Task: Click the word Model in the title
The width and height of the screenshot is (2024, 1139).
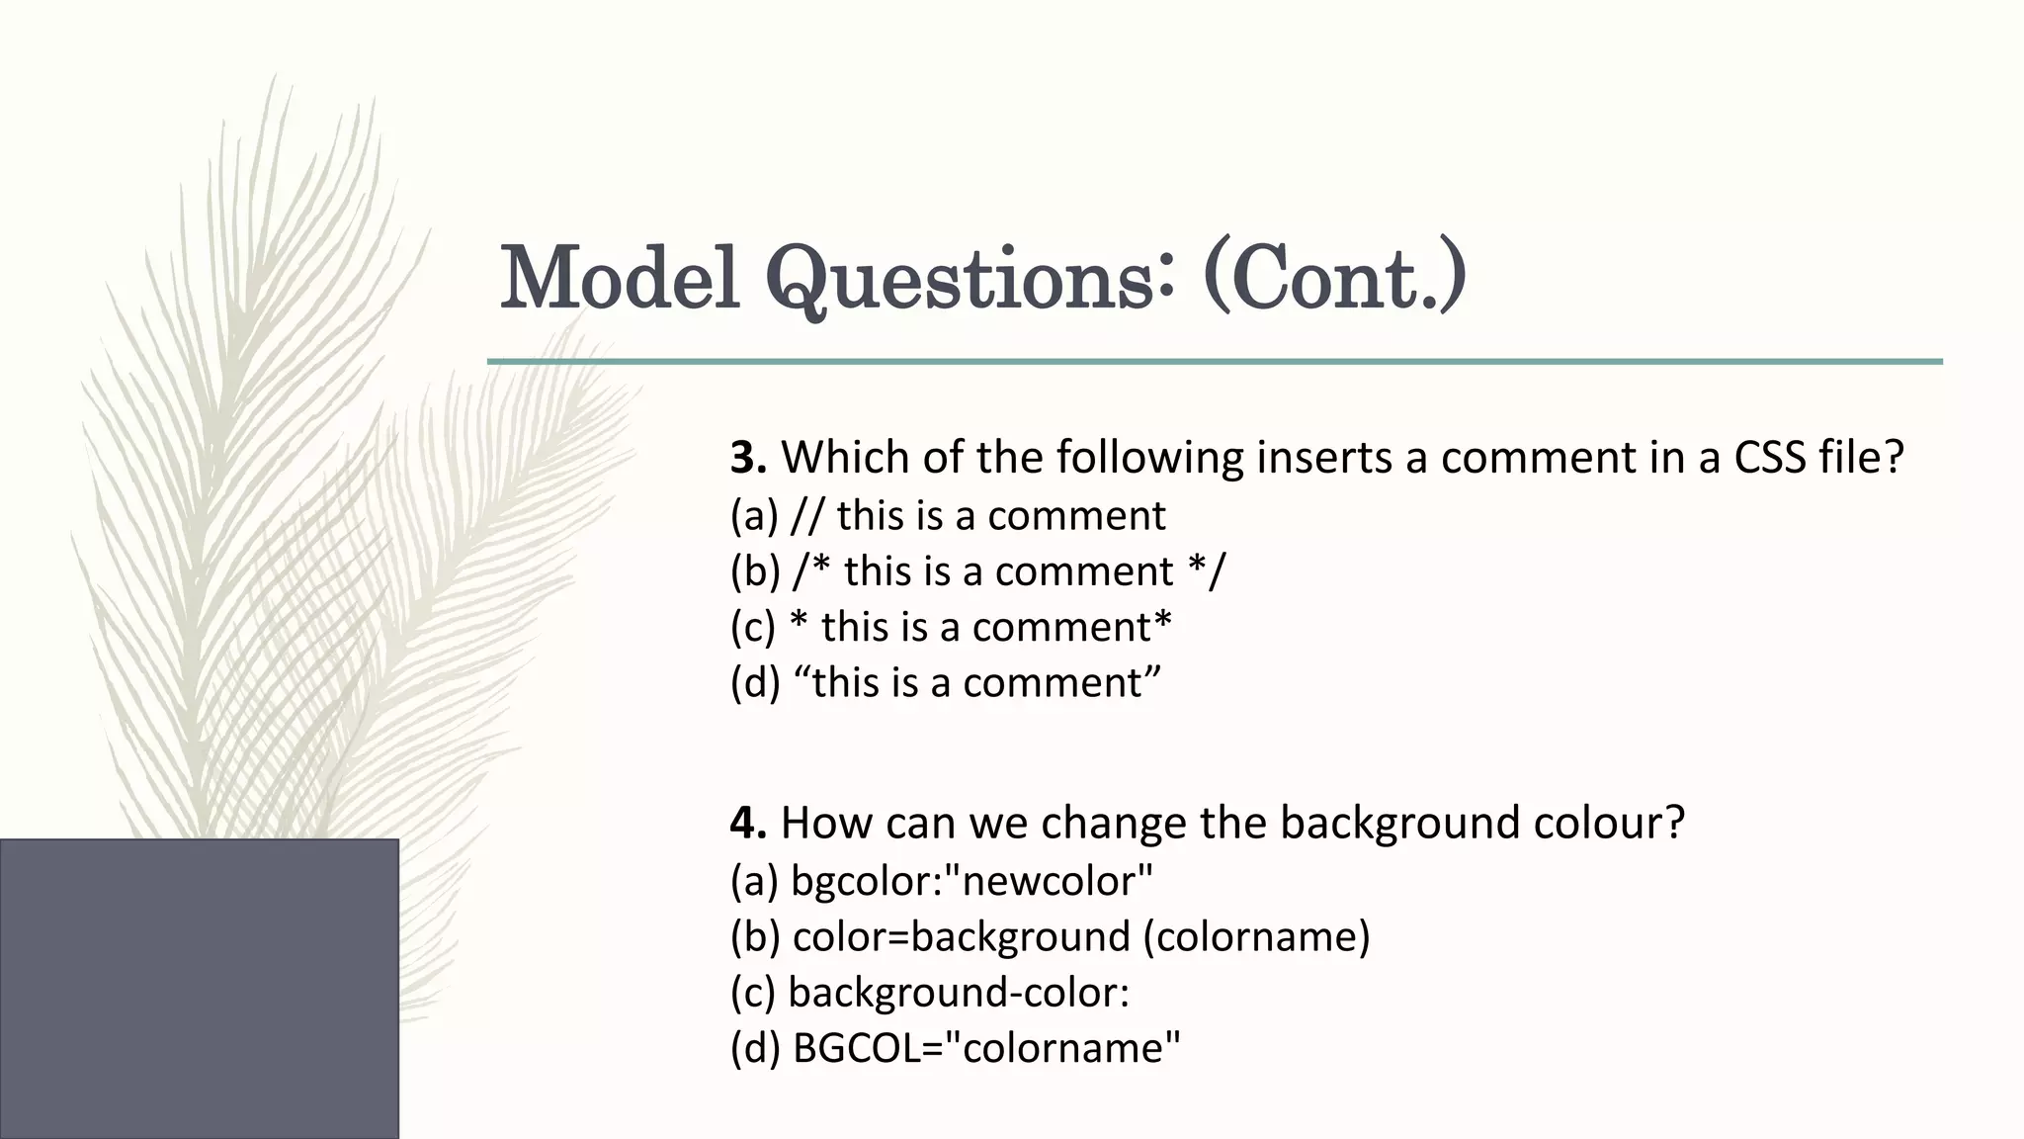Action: [620, 278]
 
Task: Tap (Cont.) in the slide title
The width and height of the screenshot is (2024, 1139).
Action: [1334, 278]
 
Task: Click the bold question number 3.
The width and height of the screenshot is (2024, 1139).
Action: [747, 458]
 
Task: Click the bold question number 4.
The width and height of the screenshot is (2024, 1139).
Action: [747, 823]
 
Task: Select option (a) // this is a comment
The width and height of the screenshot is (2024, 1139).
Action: [947, 516]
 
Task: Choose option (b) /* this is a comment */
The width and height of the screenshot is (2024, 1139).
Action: [976, 571]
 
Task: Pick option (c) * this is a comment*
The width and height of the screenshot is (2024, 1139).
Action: [950, 627]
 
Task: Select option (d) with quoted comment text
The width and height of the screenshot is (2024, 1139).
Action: [944, 683]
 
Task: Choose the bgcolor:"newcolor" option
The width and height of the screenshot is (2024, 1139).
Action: [941, 881]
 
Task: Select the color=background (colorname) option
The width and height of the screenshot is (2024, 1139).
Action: [1050, 936]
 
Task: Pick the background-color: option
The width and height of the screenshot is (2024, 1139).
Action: [929, 992]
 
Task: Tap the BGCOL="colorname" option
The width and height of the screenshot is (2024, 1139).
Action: [955, 1048]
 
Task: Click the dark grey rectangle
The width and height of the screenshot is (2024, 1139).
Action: [199, 989]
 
